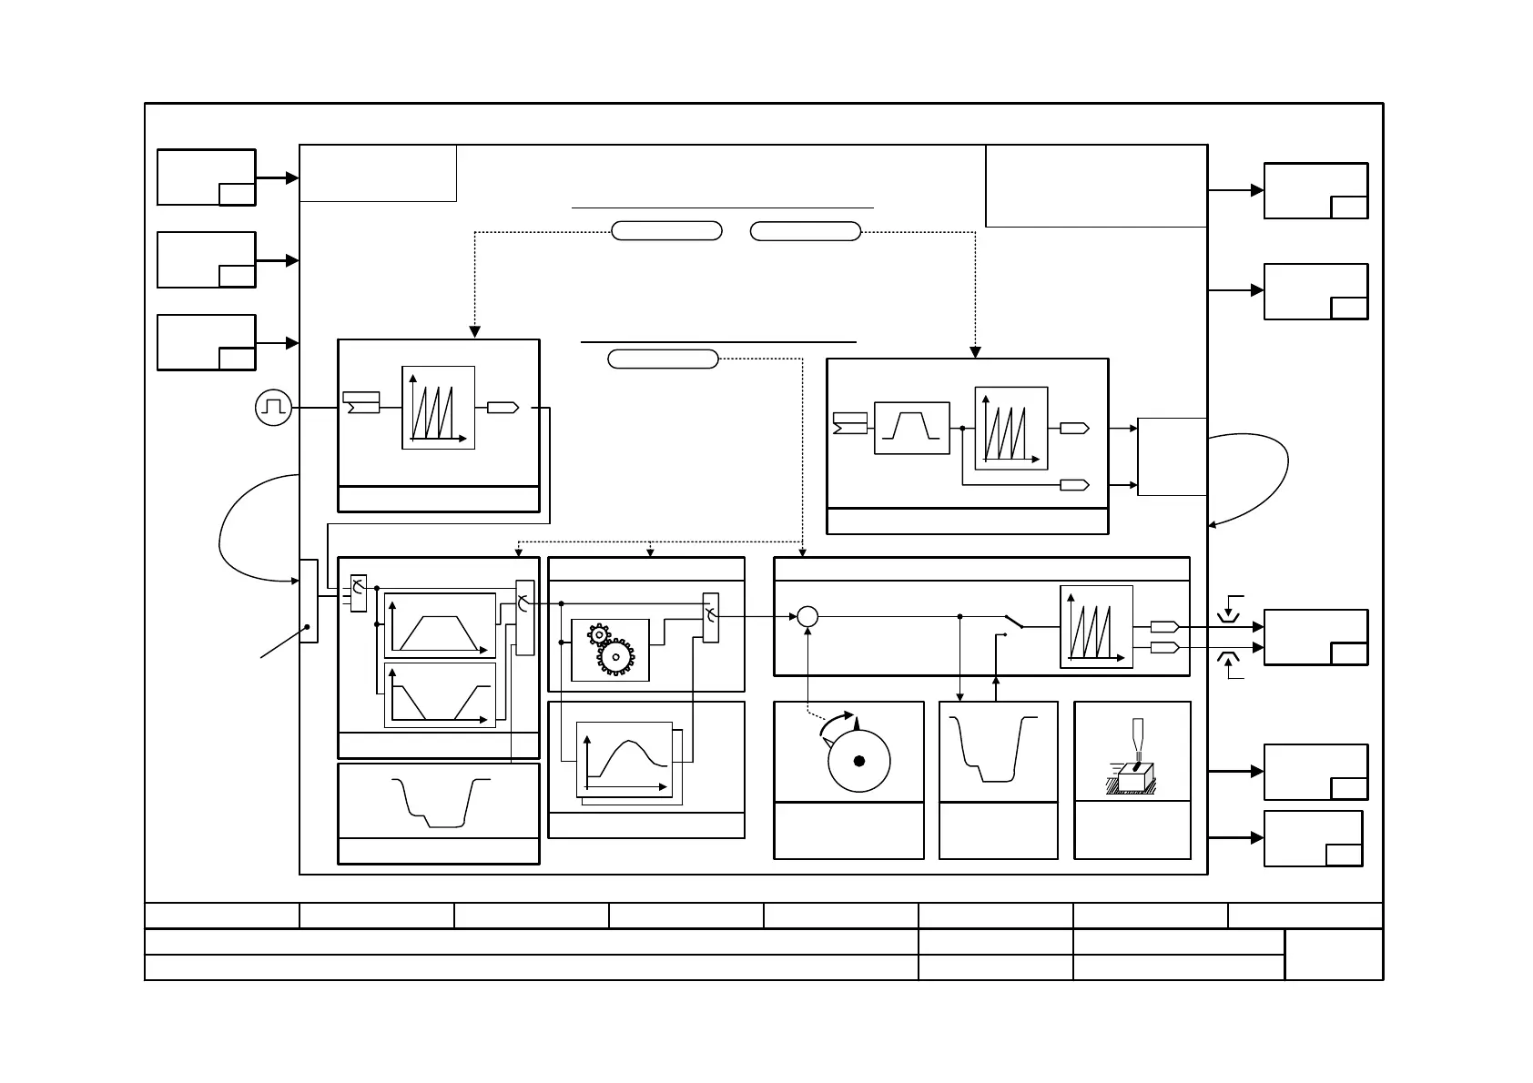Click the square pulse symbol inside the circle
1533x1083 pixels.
point(273,408)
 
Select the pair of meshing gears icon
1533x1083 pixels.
point(610,649)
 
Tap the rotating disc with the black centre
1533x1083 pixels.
point(858,760)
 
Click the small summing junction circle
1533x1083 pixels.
point(807,617)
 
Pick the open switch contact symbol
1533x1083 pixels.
point(1013,622)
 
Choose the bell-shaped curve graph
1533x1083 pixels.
point(626,760)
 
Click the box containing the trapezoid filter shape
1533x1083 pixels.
point(911,428)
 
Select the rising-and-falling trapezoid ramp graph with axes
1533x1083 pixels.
point(440,625)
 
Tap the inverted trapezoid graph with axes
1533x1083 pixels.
point(440,694)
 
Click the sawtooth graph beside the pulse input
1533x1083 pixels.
point(438,408)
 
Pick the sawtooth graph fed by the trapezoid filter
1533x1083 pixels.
point(1010,429)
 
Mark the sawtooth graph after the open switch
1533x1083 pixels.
point(1096,626)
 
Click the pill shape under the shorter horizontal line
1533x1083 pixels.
point(662,359)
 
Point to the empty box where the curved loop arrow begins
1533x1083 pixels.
point(1173,457)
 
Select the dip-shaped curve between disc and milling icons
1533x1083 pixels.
point(998,750)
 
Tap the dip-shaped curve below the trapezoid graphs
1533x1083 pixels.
point(438,801)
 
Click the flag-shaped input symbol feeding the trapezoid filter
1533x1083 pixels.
point(849,423)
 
